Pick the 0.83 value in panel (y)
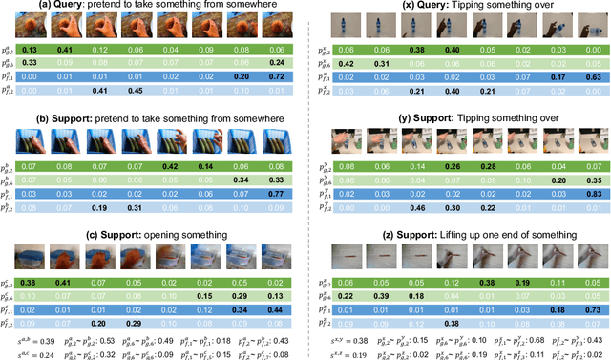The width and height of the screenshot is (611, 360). coord(590,193)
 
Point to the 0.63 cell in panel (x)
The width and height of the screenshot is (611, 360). coord(590,77)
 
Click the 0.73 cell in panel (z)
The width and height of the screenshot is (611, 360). coord(590,310)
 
